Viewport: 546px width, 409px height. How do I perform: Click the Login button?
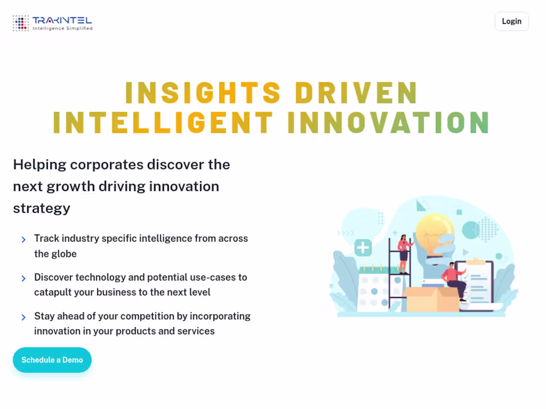(511, 21)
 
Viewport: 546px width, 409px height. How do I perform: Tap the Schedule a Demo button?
(52, 360)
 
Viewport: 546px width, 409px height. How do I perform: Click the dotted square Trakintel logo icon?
(21, 23)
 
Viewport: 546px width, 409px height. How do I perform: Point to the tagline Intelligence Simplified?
(63, 29)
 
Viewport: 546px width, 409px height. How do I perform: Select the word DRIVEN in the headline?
(356, 93)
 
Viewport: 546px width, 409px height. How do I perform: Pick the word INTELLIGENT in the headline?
(163, 122)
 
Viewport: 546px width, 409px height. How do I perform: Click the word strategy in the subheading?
(42, 208)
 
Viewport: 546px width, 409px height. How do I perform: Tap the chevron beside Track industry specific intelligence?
(23, 240)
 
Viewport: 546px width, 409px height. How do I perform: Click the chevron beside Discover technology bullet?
(23, 279)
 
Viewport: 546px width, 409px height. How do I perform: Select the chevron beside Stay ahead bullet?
(23, 317)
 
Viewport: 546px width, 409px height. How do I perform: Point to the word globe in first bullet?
(64, 254)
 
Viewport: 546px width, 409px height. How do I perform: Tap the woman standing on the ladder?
(404, 253)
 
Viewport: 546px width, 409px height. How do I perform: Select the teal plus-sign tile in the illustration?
(363, 248)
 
